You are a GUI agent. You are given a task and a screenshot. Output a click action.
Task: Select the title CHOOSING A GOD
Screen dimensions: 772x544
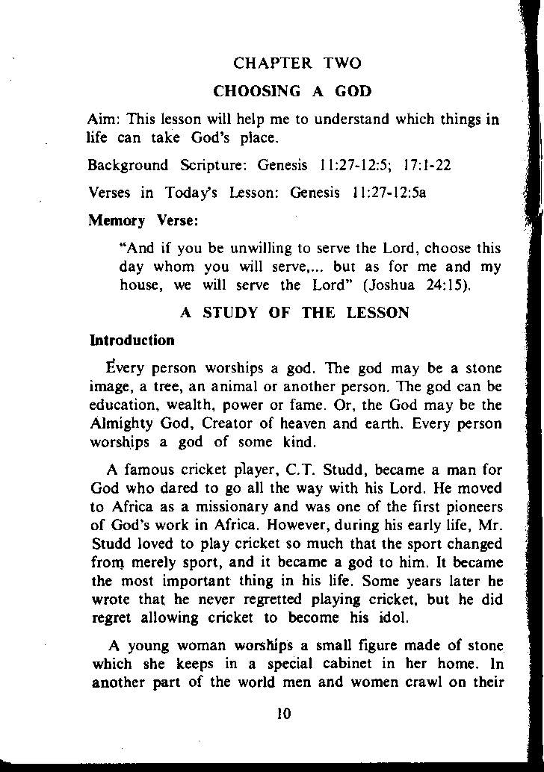pyautogui.click(x=292, y=92)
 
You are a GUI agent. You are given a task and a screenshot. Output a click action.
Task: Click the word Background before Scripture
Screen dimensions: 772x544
pyautogui.click(x=126, y=164)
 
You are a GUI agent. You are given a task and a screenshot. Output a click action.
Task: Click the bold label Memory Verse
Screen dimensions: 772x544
pyautogui.click(x=143, y=221)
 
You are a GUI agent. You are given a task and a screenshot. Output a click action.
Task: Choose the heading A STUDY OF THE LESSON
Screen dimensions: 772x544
pyautogui.click(x=294, y=313)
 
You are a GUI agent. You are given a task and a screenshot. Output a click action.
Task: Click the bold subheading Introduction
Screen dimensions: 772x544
pyautogui.click(x=132, y=340)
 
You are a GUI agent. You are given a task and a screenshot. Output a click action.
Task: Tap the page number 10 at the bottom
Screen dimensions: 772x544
pyautogui.click(x=283, y=714)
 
